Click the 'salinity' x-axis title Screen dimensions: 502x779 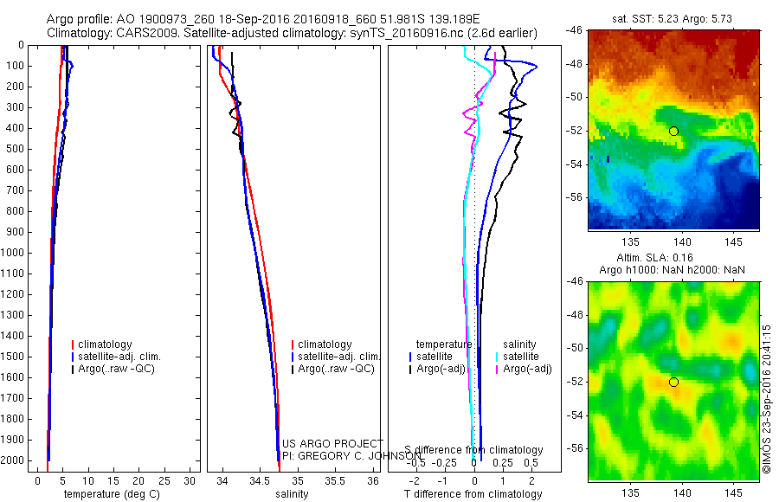[291, 494]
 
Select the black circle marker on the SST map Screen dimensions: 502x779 [673, 131]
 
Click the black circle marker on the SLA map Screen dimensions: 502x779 [673, 382]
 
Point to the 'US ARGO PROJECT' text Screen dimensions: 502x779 [332, 444]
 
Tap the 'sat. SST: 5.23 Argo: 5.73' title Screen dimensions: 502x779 [673, 18]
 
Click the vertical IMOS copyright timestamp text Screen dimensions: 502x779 [767, 393]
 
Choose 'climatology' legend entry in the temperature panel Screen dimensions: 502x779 [106, 344]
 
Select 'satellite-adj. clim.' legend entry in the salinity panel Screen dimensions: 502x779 [338, 357]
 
